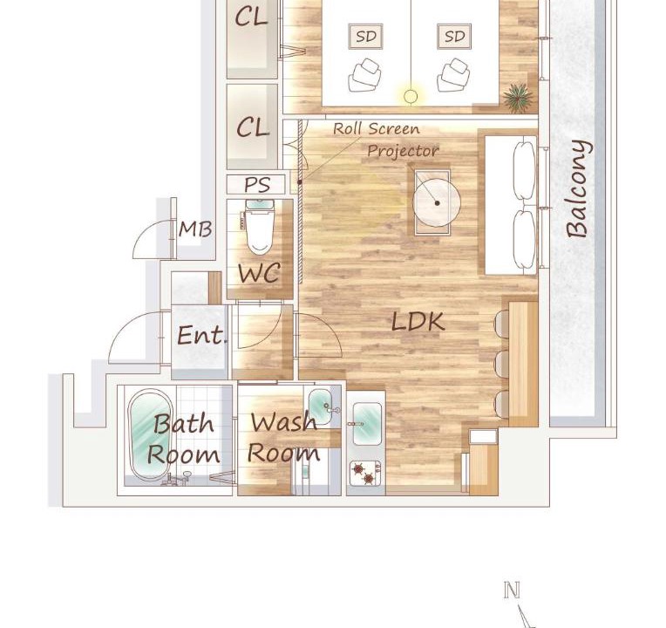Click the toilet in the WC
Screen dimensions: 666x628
pos(258,228)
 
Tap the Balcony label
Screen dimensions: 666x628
pos(578,188)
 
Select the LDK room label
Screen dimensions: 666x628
pos(418,322)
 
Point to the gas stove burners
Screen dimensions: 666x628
pos(365,473)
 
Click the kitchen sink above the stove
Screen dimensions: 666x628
pos(367,424)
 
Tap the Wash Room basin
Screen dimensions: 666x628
pos(320,406)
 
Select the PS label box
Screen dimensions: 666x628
pos(256,184)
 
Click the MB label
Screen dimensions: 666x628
pos(195,229)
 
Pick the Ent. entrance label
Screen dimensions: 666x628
pos(201,336)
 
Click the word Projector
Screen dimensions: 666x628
pos(403,150)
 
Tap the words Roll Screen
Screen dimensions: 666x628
pos(377,129)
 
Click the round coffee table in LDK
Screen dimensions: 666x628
pos(437,202)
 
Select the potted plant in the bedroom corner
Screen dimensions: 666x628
pos(517,98)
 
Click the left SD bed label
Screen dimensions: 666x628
pos(366,37)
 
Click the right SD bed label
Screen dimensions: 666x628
pos(454,37)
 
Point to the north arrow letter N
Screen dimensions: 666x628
pos(512,590)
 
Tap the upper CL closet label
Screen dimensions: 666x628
pos(251,17)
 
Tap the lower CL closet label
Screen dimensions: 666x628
pos(253,127)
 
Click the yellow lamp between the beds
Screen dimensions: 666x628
pos(411,97)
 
